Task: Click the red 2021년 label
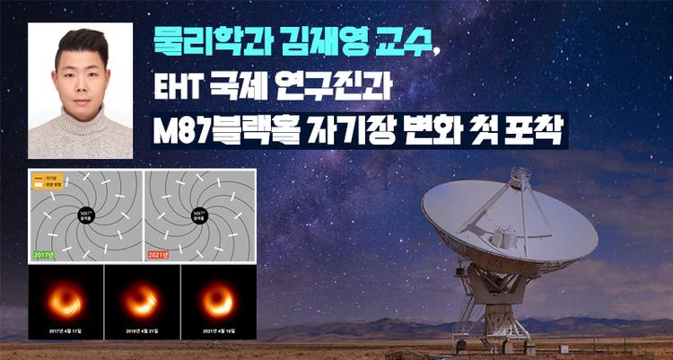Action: tap(162, 255)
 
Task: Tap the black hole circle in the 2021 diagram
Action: tap(199, 216)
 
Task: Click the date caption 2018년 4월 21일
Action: tap(141, 331)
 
